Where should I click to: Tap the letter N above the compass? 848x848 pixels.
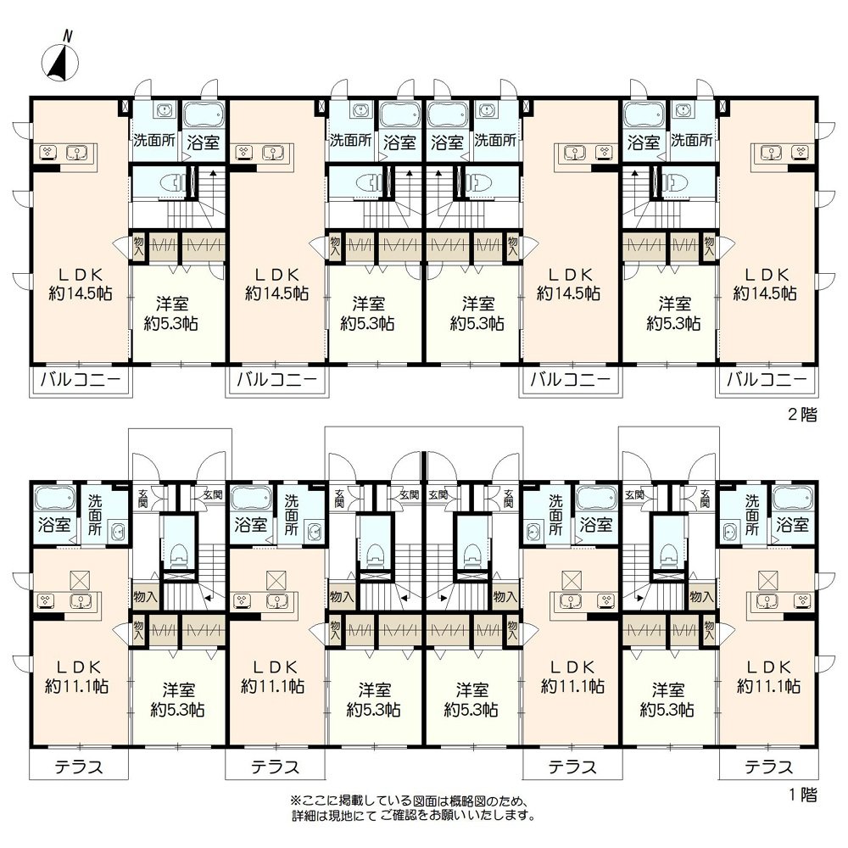pyautogui.click(x=68, y=36)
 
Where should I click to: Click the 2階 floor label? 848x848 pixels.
pyautogui.click(x=802, y=415)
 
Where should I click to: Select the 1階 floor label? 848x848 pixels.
pyautogui.click(x=802, y=795)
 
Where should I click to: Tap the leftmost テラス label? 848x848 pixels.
pyautogui.click(x=78, y=767)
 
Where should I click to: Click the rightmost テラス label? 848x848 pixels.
pyautogui.click(x=768, y=767)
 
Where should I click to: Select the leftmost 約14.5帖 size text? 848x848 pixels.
pyautogui.click(x=81, y=293)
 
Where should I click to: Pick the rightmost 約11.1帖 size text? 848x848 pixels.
pyautogui.click(x=768, y=686)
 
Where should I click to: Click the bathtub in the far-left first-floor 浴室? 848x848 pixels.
pyautogui.click(x=54, y=498)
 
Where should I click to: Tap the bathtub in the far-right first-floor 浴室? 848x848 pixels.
pyautogui.click(x=792, y=498)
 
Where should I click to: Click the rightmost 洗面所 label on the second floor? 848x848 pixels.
pyautogui.click(x=692, y=141)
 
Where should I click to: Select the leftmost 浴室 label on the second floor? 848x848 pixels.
pyautogui.click(x=204, y=142)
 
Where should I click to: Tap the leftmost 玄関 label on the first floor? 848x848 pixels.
pyautogui.click(x=143, y=497)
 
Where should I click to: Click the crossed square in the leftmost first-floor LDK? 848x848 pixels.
pyautogui.click(x=79, y=581)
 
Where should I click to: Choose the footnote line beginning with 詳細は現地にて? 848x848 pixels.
pyautogui.click(x=414, y=815)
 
